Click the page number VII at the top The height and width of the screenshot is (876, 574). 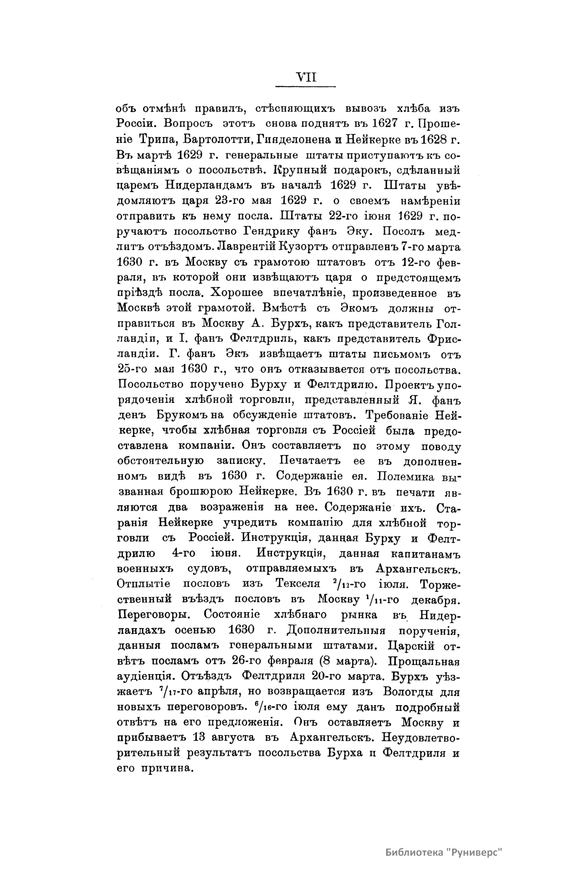(x=306, y=76)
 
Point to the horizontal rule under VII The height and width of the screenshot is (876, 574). (x=306, y=86)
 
